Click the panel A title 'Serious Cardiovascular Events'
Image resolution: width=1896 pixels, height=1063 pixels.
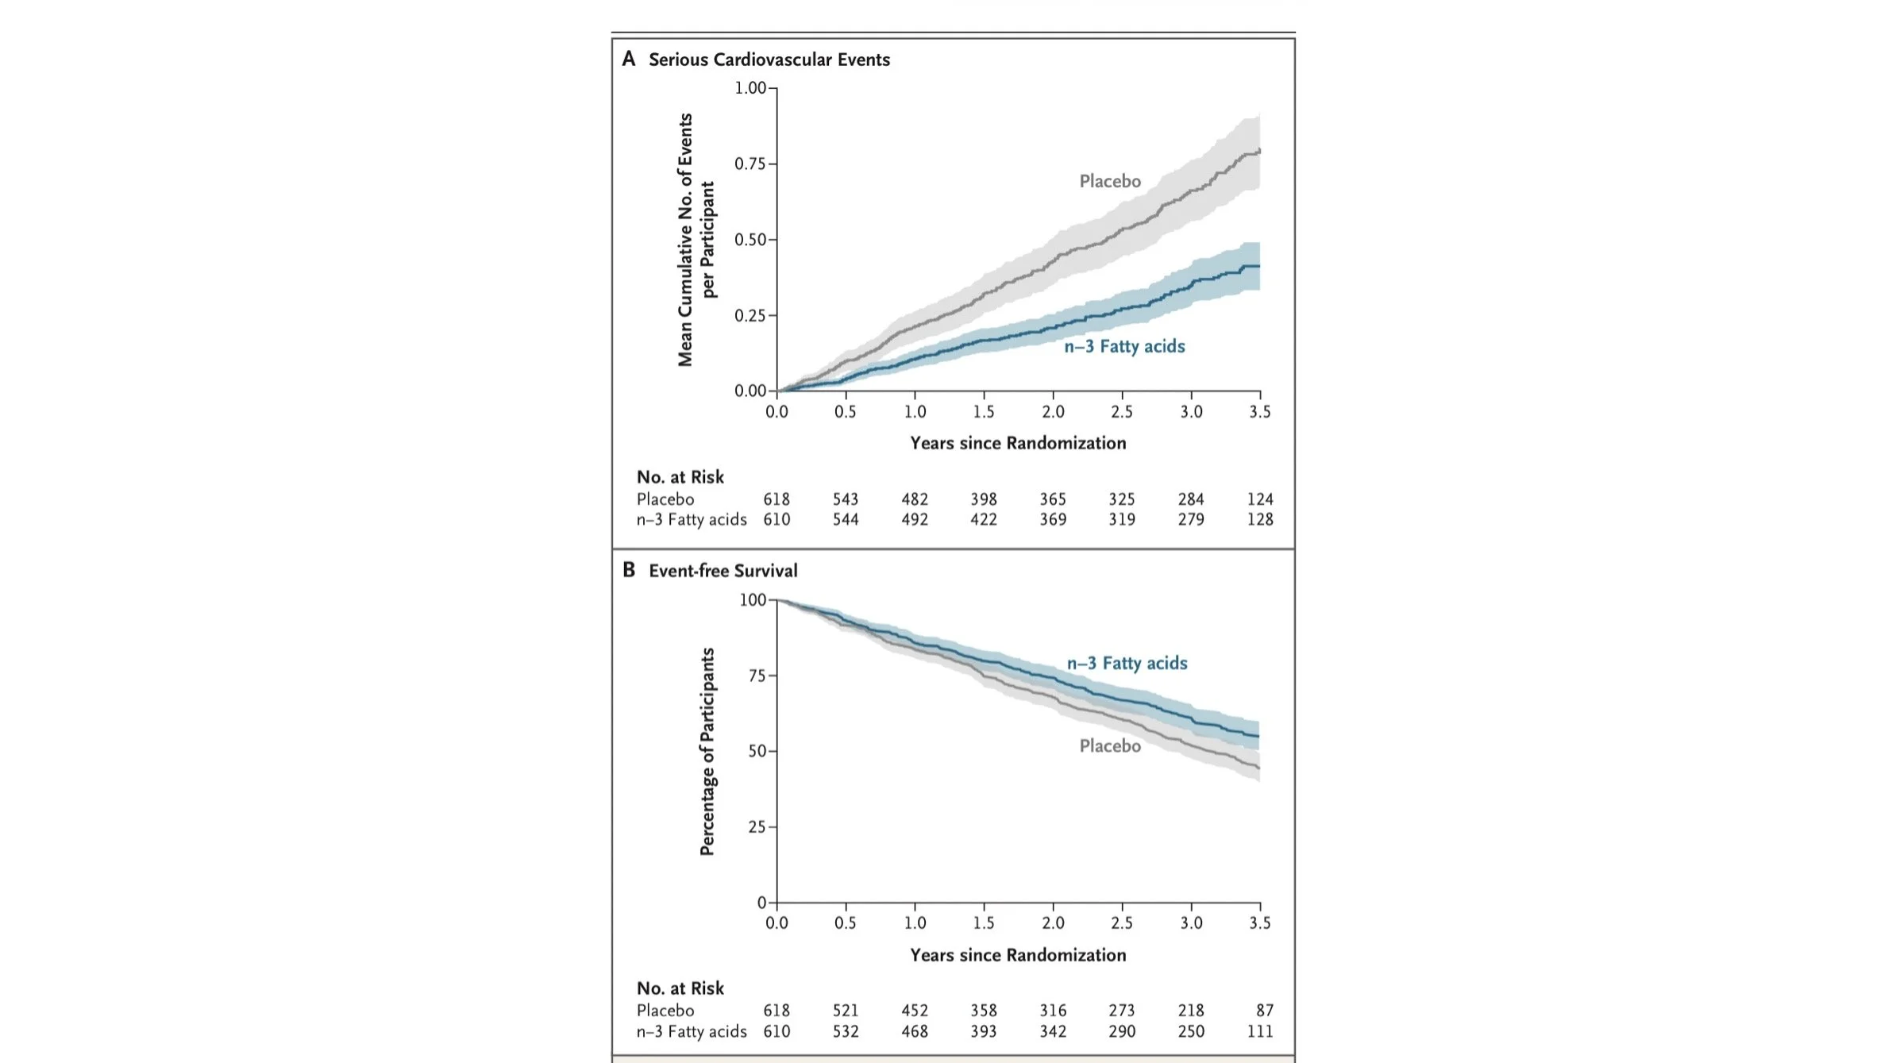(769, 60)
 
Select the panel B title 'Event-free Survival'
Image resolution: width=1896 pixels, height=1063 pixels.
(723, 571)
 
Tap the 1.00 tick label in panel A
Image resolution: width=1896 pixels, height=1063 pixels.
(750, 88)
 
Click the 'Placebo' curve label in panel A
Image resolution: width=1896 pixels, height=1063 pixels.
(1109, 182)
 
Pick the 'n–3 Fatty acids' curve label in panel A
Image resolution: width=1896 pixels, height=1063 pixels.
(1124, 346)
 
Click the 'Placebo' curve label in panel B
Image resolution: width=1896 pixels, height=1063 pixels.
(1109, 746)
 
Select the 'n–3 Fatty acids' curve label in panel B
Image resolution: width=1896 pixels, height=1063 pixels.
(1127, 663)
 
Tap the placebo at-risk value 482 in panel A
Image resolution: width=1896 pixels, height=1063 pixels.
(915, 499)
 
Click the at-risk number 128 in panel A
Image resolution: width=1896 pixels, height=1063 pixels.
(1259, 520)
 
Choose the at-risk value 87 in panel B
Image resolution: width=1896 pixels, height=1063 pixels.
(1264, 1011)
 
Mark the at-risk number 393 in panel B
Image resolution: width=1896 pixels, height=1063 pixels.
(983, 1031)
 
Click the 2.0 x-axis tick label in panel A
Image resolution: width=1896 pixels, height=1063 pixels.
(1053, 412)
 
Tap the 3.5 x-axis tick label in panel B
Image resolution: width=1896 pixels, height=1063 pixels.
(1259, 923)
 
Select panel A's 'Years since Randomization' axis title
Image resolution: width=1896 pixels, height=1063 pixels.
(1017, 443)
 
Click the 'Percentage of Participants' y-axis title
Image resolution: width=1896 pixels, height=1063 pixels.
(707, 751)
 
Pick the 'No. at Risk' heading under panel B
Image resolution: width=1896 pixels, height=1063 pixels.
(680, 988)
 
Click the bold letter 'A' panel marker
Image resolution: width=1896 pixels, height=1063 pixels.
(629, 59)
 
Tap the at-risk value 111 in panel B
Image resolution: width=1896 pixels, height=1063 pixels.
(1259, 1031)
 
